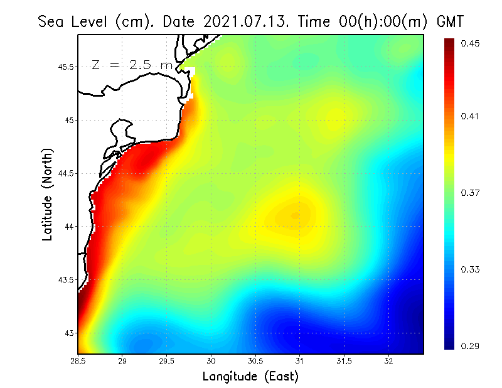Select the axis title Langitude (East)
point(250,377)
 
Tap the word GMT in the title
point(449,21)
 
